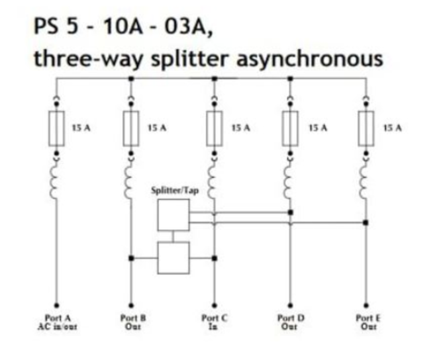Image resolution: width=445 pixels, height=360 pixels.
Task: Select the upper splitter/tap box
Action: tap(173, 214)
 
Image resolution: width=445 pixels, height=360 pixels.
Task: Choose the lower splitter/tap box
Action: tap(173, 257)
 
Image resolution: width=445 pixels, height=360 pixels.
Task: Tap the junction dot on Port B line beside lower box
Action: tap(132, 257)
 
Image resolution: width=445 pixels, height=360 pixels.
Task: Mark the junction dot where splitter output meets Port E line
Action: tap(365, 223)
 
